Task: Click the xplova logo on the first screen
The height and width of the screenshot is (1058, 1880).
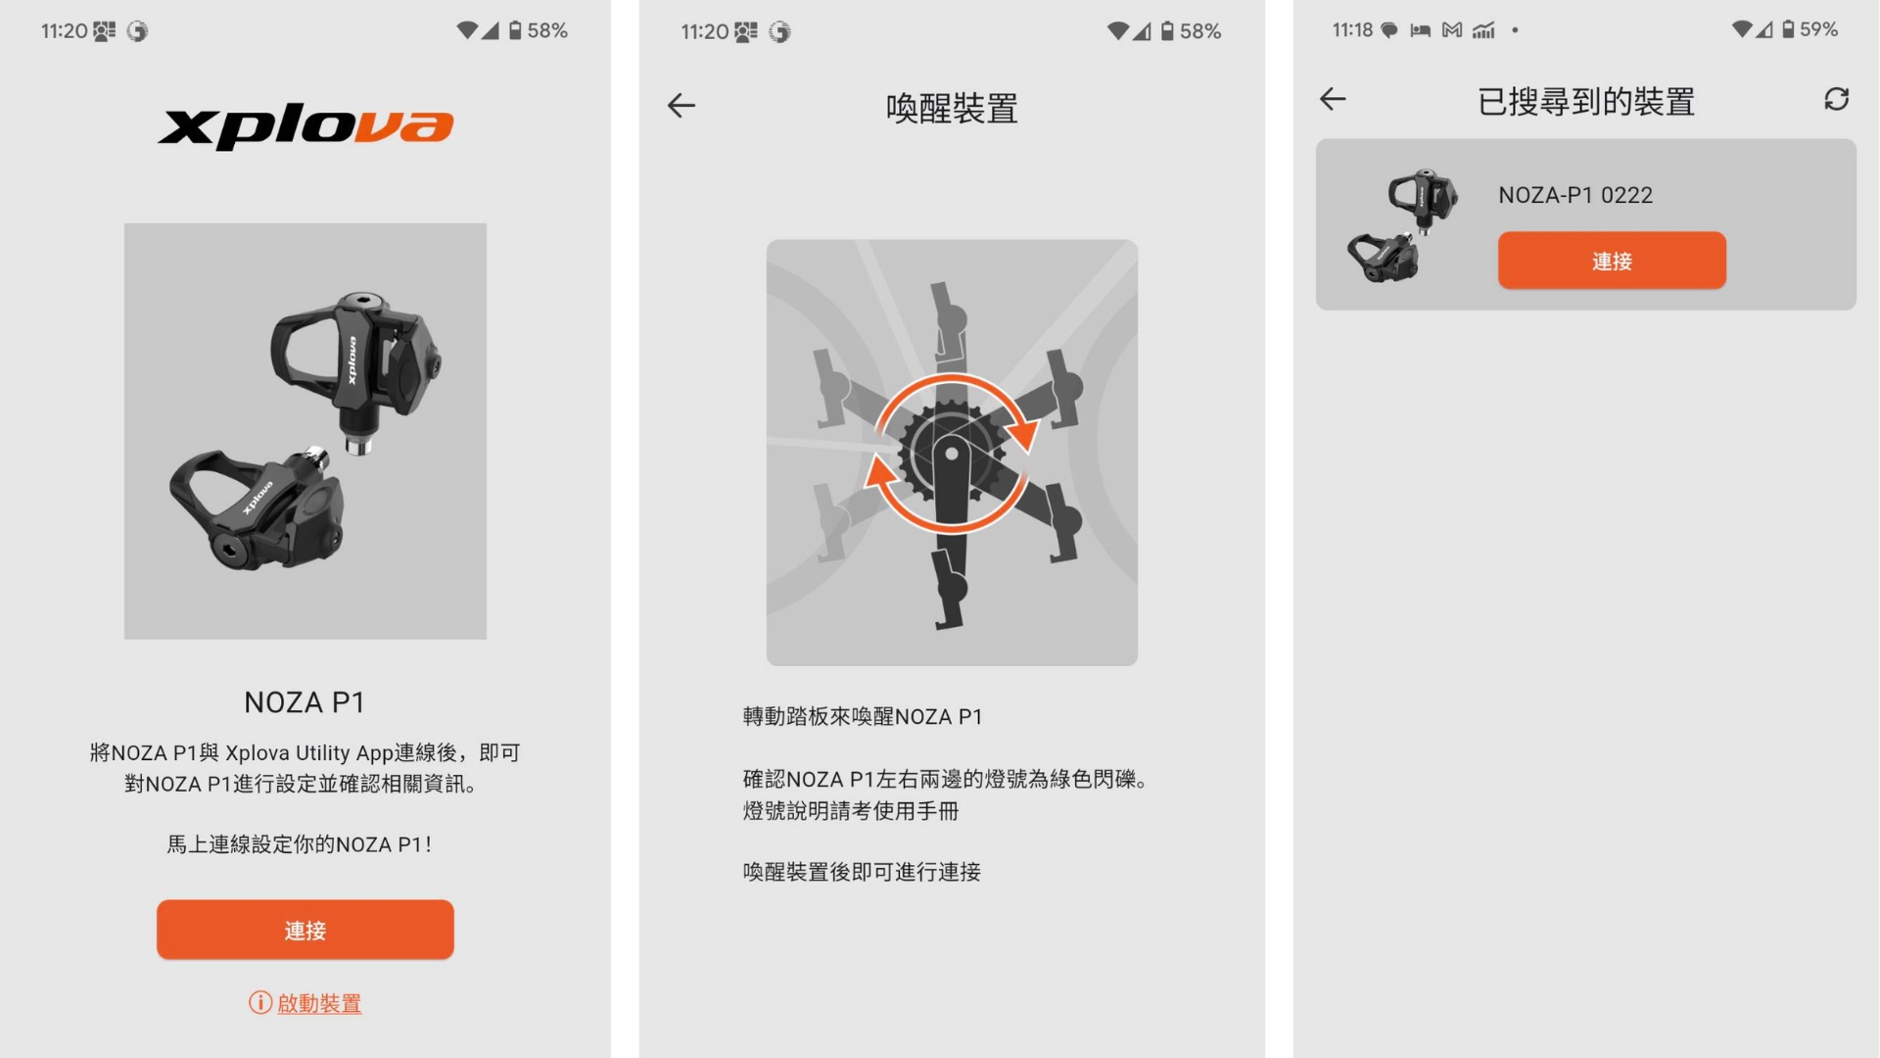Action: [305, 126]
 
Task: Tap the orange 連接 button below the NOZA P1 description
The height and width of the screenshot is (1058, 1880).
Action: [305, 930]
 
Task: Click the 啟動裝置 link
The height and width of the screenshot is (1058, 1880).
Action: [319, 1003]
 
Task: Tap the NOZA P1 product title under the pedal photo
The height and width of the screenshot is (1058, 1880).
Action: [305, 702]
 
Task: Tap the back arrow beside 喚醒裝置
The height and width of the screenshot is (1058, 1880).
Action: [681, 106]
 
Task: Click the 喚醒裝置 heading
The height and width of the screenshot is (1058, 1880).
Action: [952, 108]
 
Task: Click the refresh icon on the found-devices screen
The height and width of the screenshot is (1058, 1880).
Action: [1836, 99]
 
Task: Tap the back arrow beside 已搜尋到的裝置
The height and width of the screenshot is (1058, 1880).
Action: [1333, 99]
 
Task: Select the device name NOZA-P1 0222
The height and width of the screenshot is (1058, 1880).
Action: [1575, 195]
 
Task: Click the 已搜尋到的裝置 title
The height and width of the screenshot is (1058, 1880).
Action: [1586, 102]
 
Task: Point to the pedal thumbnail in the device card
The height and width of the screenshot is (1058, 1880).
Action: [1402, 225]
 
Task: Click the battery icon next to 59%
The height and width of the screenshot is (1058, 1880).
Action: [1788, 29]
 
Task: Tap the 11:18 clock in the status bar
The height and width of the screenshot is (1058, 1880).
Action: [1352, 30]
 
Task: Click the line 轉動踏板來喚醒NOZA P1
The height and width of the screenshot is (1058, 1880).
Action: [863, 717]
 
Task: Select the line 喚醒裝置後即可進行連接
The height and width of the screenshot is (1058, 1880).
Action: [862, 872]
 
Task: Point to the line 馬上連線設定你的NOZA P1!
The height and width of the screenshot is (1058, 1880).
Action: [300, 844]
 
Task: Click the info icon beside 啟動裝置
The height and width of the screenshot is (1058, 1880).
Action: [259, 1002]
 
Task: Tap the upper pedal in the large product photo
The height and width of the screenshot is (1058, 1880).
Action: [355, 367]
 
